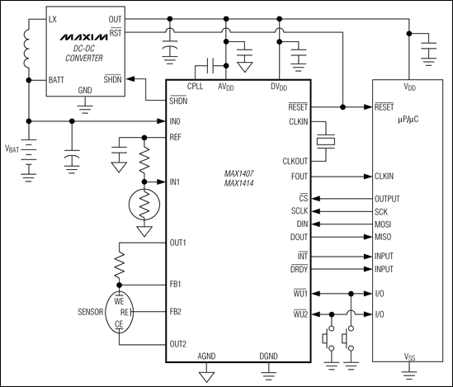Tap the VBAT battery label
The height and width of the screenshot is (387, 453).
tap(14, 149)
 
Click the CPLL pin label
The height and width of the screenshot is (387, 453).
tap(196, 86)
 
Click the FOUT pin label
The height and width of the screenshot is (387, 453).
tap(300, 177)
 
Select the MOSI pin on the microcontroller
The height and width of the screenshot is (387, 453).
tap(385, 223)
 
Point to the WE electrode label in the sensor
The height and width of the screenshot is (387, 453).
tap(121, 300)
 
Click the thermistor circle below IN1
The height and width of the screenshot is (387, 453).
tap(145, 202)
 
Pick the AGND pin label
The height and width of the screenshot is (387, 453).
tap(208, 356)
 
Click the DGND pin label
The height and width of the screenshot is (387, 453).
tap(269, 356)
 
